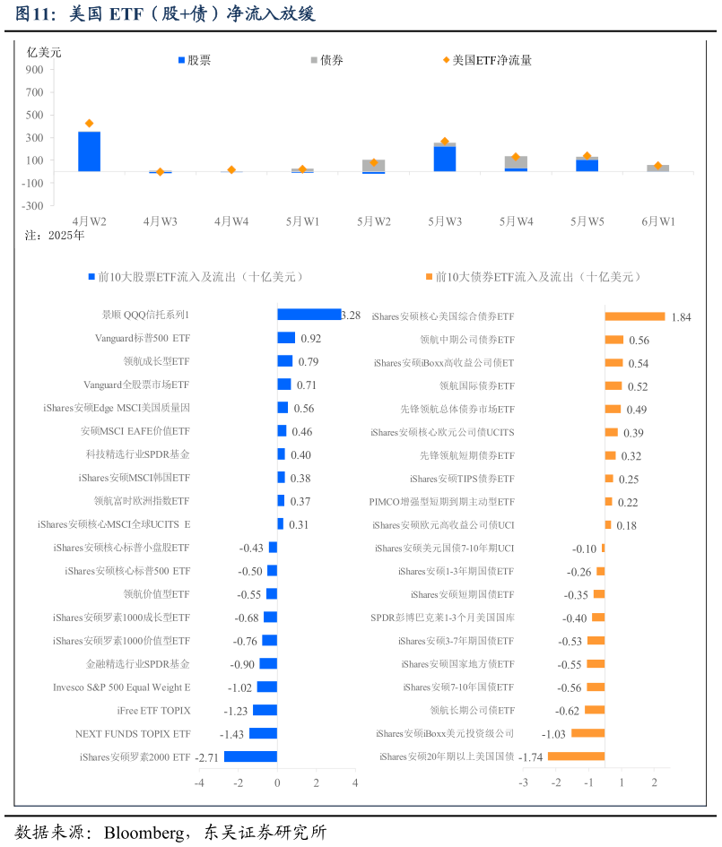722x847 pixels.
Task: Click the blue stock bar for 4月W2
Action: click(x=89, y=151)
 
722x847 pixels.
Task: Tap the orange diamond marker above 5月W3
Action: click(x=445, y=142)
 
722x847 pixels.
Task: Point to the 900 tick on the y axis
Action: click(x=34, y=69)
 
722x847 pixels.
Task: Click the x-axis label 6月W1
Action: click(x=658, y=221)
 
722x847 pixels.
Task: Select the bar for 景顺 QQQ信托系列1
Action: click(x=309, y=315)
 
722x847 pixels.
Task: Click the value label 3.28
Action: click(x=351, y=315)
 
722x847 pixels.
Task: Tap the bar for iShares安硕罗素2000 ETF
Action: click(x=250, y=756)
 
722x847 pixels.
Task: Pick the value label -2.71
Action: click(x=207, y=757)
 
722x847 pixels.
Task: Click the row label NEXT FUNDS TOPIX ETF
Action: click(x=133, y=734)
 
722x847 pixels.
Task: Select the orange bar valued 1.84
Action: click(x=634, y=316)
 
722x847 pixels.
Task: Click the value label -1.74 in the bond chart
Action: click(x=531, y=757)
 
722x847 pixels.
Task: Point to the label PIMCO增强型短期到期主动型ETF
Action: click(x=441, y=503)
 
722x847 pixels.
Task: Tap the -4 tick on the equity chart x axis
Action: click(x=199, y=783)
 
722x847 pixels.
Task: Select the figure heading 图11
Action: click(x=38, y=14)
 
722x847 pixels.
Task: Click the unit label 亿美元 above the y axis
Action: click(x=44, y=52)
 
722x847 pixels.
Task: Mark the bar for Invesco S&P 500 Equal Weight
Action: click(x=266, y=687)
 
